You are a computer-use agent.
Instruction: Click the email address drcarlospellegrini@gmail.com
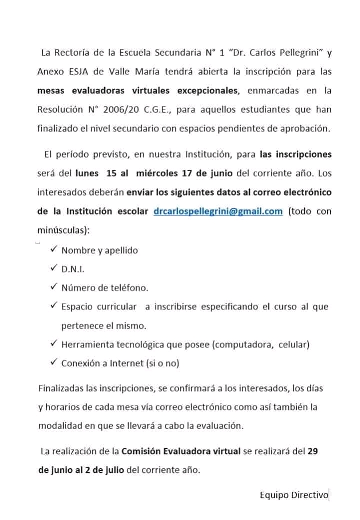(218, 211)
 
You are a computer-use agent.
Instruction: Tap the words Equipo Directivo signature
(294, 495)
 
